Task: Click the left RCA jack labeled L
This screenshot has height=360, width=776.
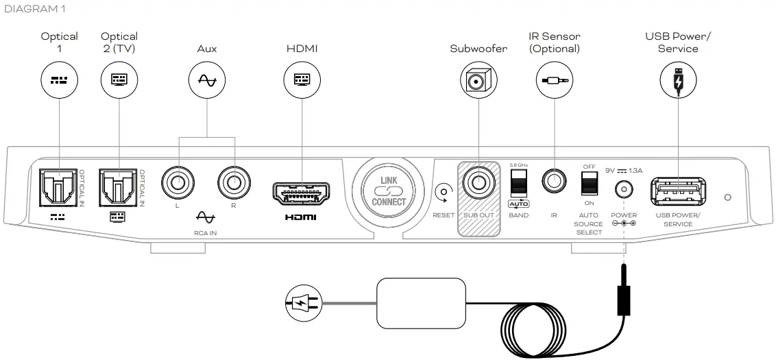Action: tap(178, 184)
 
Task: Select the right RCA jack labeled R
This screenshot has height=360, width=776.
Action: tap(234, 184)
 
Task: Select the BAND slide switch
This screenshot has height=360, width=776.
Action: tap(518, 184)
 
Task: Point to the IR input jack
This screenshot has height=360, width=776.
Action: tap(554, 182)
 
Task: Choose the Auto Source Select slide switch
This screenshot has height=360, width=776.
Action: tap(588, 183)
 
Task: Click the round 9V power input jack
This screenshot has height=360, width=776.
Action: tap(623, 189)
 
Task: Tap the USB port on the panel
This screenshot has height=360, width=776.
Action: tap(677, 191)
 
